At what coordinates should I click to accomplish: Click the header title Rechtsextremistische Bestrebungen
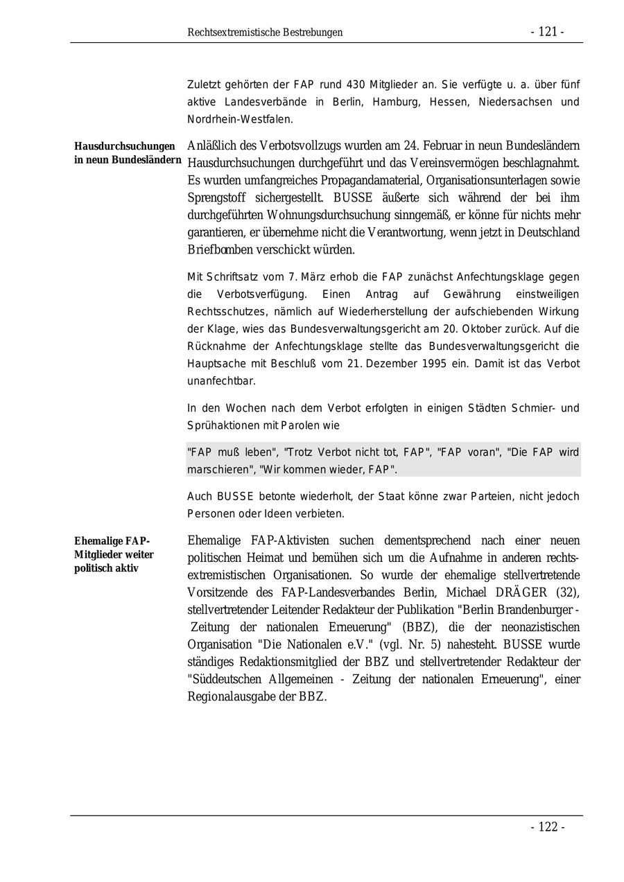click(x=265, y=33)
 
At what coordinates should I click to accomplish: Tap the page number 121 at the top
click(x=547, y=32)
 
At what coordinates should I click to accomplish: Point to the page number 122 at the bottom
click(x=547, y=827)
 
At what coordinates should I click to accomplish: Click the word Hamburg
click(x=395, y=102)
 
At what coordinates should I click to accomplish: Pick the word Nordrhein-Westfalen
click(x=239, y=119)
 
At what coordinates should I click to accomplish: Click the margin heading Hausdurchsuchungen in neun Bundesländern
click(x=128, y=153)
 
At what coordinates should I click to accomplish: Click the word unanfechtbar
click(x=221, y=381)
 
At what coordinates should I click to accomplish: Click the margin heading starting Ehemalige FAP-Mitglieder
click(x=114, y=554)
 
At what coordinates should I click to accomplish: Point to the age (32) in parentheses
click(x=567, y=592)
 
